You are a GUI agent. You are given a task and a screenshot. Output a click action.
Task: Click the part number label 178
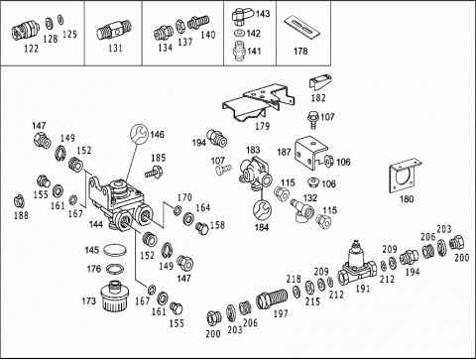tap(300, 52)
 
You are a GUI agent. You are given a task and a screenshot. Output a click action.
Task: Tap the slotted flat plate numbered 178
tap(302, 26)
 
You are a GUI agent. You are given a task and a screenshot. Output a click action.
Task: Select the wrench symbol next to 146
tap(140, 133)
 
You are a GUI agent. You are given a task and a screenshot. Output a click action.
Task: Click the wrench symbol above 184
tap(262, 210)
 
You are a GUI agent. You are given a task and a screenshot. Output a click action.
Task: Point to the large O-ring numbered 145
tap(115, 250)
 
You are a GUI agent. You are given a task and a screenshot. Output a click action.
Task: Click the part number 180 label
tap(407, 199)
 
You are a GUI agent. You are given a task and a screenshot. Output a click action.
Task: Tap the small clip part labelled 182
tap(320, 81)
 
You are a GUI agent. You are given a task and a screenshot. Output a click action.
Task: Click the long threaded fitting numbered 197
tap(272, 299)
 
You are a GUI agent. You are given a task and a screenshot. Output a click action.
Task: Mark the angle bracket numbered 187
tap(311, 153)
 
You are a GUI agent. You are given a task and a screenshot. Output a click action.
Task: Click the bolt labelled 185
tap(153, 173)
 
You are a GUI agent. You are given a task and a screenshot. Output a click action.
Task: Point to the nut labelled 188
tap(19, 201)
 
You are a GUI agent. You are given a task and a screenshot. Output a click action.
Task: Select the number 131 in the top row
tap(115, 49)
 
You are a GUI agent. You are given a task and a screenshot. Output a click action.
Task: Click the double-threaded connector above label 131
tap(114, 30)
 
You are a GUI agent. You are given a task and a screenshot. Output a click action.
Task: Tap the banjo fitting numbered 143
tap(243, 17)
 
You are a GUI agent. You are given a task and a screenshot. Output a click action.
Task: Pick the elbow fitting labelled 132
tap(301, 211)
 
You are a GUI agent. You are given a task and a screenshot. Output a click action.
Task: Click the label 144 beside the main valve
tap(96, 224)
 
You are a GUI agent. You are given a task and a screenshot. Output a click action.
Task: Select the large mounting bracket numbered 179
tap(257, 102)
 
